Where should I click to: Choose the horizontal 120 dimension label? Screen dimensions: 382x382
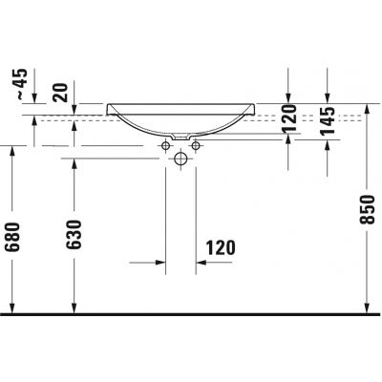[x=219, y=247]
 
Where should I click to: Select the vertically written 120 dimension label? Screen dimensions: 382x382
[x=288, y=121]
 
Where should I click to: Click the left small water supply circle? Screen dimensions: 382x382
[x=165, y=145]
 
